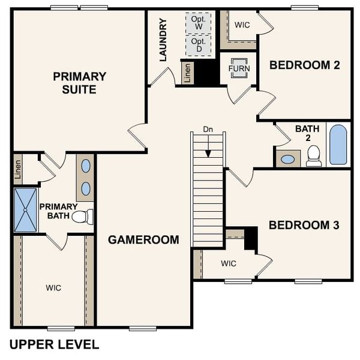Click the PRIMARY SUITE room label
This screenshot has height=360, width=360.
79,83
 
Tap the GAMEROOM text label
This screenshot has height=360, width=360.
143,240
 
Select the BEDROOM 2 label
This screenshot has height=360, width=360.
305,65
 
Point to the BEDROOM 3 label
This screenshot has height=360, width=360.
304,225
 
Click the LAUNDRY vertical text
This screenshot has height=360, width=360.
163,40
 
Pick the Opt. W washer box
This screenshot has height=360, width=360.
198,23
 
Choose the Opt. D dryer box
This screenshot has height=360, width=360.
198,44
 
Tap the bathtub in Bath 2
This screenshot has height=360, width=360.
338,145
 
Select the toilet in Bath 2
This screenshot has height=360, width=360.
313,155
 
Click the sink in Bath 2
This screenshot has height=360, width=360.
288,160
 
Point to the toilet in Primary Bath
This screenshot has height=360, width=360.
83,217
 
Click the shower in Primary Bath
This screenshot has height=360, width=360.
25,210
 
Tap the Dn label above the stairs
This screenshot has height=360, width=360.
208,129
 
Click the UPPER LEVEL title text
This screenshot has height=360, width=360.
54,344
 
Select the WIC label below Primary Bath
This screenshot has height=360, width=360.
53,288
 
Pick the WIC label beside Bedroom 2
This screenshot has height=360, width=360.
242,25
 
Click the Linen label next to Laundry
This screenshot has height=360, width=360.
188,73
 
